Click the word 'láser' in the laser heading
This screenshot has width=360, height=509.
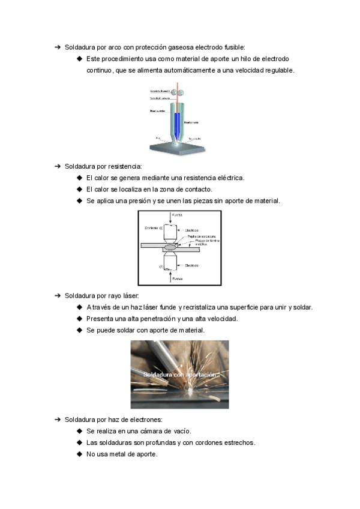128,295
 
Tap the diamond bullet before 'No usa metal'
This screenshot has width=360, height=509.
79,454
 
